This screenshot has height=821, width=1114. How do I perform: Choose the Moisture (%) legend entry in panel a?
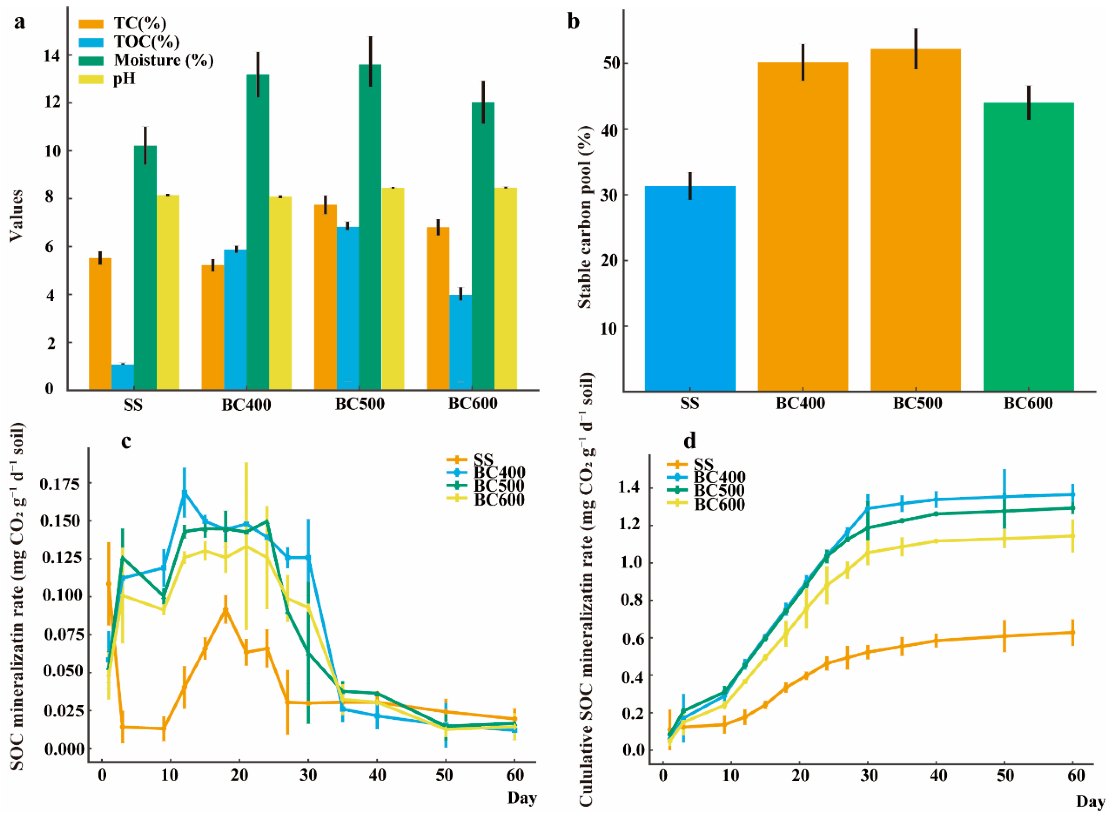click(163, 60)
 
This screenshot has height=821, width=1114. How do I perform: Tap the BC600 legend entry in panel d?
click(719, 505)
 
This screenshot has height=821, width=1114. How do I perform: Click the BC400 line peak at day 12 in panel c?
click(184, 493)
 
